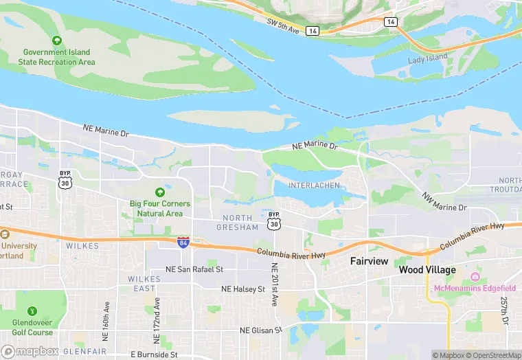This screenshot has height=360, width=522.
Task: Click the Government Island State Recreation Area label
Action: (x=58, y=57)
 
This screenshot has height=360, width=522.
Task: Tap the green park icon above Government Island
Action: (x=57, y=41)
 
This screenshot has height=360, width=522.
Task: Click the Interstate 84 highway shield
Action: (x=183, y=242)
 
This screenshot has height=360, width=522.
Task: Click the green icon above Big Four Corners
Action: (x=160, y=192)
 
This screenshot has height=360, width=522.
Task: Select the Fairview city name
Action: (x=369, y=261)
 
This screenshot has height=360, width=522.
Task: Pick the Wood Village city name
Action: (x=427, y=270)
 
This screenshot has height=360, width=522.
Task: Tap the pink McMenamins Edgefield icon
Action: (x=475, y=277)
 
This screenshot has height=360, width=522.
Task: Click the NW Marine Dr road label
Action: (x=444, y=202)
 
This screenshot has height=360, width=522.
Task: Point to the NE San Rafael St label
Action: (x=194, y=270)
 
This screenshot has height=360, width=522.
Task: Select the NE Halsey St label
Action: (x=243, y=289)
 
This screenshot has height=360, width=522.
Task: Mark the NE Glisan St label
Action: (x=261, y=330)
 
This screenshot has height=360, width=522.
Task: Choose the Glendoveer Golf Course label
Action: (x=32, y=328)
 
